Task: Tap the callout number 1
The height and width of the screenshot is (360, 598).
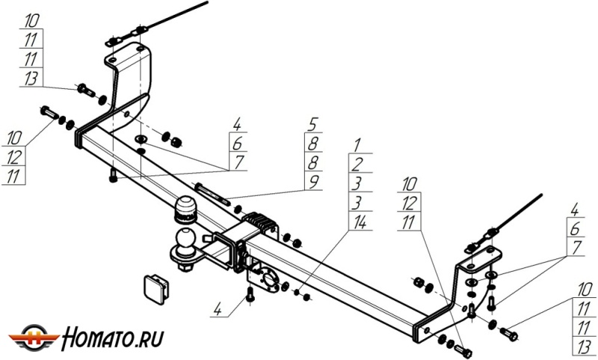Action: coord(358,143)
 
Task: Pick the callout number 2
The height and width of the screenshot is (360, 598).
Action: coord(358,162)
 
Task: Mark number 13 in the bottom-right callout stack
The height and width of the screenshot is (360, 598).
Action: coord(584,346)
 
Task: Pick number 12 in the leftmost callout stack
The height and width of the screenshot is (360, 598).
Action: coord(15,156)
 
